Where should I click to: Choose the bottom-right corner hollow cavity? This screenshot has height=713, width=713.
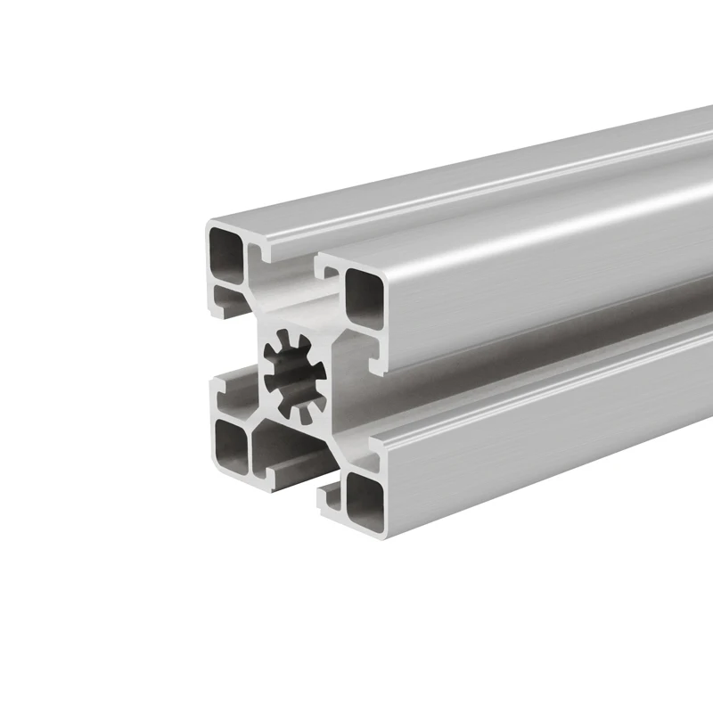364,499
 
